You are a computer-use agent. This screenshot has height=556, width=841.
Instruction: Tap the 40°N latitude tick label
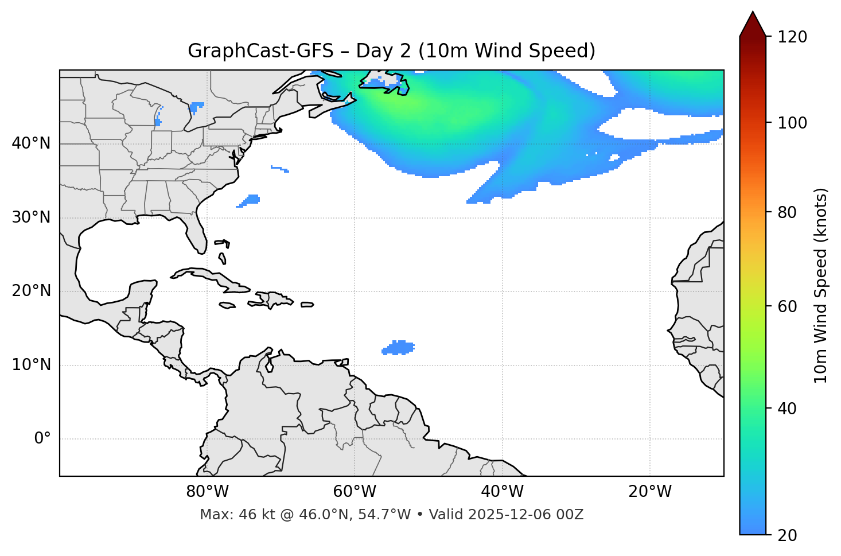coord(31,143)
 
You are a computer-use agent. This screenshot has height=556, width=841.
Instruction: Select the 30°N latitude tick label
coord(31,217)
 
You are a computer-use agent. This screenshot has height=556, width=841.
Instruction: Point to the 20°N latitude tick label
coord(31,291)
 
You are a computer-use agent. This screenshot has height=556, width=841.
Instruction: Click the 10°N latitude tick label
coord(31,365)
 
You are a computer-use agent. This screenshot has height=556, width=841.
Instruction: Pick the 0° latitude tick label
coord(42,439)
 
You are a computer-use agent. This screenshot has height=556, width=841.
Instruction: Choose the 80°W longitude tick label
coord(207,492)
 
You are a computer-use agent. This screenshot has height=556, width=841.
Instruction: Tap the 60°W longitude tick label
coord(355,492)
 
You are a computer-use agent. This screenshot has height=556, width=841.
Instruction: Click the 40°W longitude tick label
coord(502,492)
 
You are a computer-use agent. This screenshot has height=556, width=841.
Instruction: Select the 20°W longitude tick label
coord(649,492)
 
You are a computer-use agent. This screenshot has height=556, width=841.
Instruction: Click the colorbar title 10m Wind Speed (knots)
coord(821,285)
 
